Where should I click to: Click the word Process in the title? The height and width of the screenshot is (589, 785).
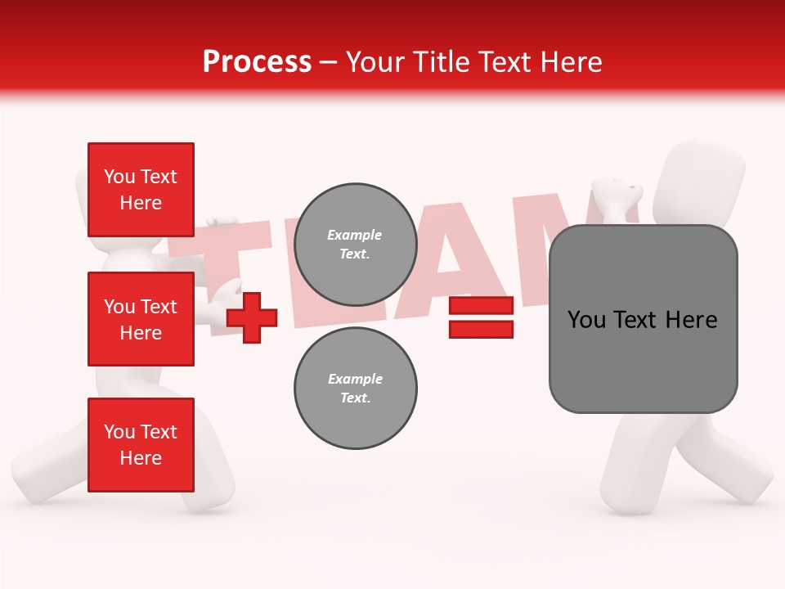click(x=257, y=62)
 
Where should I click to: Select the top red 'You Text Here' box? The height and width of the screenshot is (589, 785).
click(x=141, y=190)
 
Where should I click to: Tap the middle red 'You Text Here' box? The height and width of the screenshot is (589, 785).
click(x=141, y=319)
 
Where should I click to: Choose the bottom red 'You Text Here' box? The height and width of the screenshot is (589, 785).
click(x=141, y=445)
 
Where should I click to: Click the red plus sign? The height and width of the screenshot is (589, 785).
click(x=252, y=317)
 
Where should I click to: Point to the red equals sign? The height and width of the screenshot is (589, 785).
click(x=481, y=318)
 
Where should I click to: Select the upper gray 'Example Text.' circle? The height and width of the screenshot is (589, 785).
click(x=356, y=245)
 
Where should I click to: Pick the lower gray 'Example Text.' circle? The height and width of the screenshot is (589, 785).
click(x=356, y=389)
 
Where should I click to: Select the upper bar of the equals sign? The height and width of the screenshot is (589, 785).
click(x=481, y=307)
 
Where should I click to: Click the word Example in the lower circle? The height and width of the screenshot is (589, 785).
click(x=355, y=380)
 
